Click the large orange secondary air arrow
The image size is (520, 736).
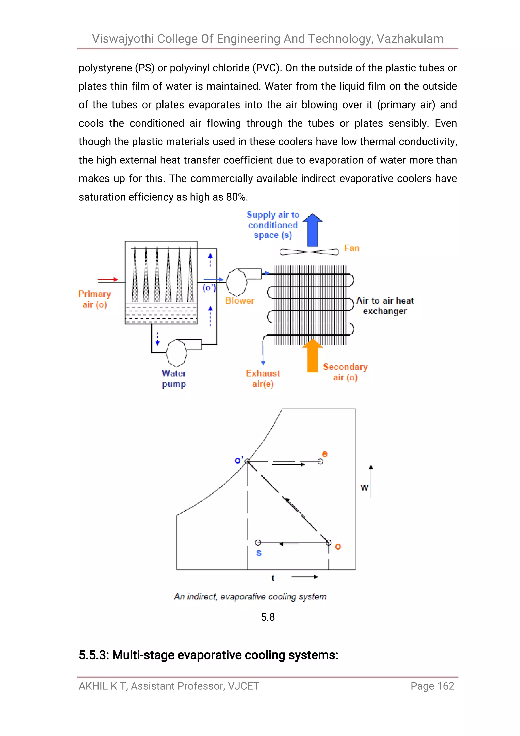point(313,356)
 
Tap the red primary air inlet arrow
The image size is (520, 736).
point(108,279)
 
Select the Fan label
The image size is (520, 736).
point(352,248)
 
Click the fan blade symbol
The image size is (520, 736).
point(309,252)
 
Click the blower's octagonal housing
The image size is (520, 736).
point(237,282)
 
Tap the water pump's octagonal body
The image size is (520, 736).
point(176,353)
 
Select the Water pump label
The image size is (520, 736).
point(174,379)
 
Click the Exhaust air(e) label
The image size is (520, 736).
point(263,379)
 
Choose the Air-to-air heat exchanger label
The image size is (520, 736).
point(385,306)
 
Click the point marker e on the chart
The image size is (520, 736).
point(320,461)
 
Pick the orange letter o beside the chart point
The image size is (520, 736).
point(338,547)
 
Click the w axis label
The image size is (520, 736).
point(364,488)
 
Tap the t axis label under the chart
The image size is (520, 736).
point(273,578)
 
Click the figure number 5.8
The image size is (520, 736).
point(268,617)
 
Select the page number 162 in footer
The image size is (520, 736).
point(445,686)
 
